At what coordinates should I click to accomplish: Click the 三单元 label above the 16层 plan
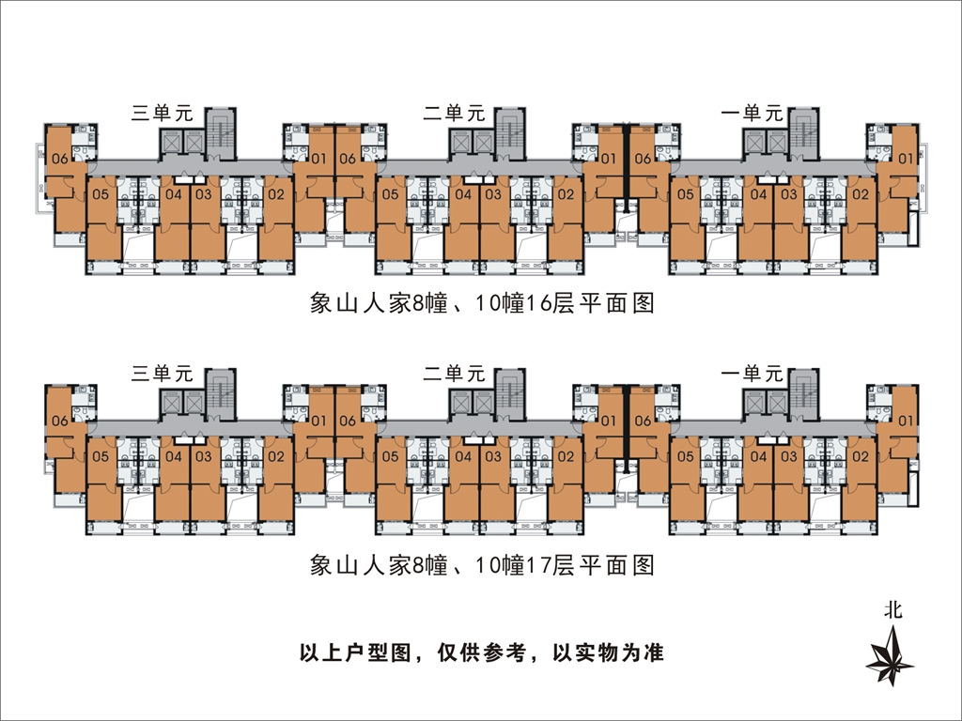(162, 114)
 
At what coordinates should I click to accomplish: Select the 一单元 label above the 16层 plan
(751, 114)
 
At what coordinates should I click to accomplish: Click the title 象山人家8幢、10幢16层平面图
(481, 304)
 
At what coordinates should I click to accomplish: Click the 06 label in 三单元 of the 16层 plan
(60, 159)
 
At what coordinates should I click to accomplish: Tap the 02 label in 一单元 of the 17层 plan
(859, 456)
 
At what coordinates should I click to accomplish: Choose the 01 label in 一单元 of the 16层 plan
(906, 159)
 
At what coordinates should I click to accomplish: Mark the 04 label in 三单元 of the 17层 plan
(174, 456)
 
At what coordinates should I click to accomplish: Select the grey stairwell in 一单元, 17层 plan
(804, 391)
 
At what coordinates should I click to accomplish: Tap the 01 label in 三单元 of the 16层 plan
(318, 159)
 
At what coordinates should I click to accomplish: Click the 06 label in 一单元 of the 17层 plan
(643, 421)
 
